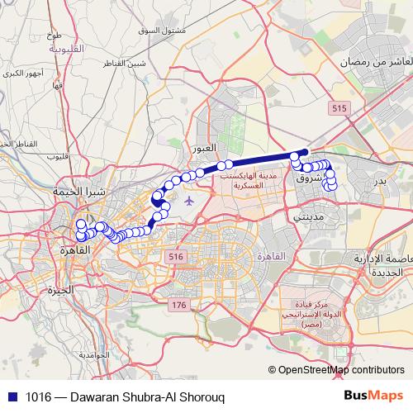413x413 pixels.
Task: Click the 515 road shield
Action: [x=336, y=109]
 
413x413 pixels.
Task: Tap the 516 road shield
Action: [x=174, y=258]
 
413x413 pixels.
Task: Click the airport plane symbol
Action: [x=190, y=200]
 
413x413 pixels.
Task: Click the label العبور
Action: [x=203, y=149]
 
